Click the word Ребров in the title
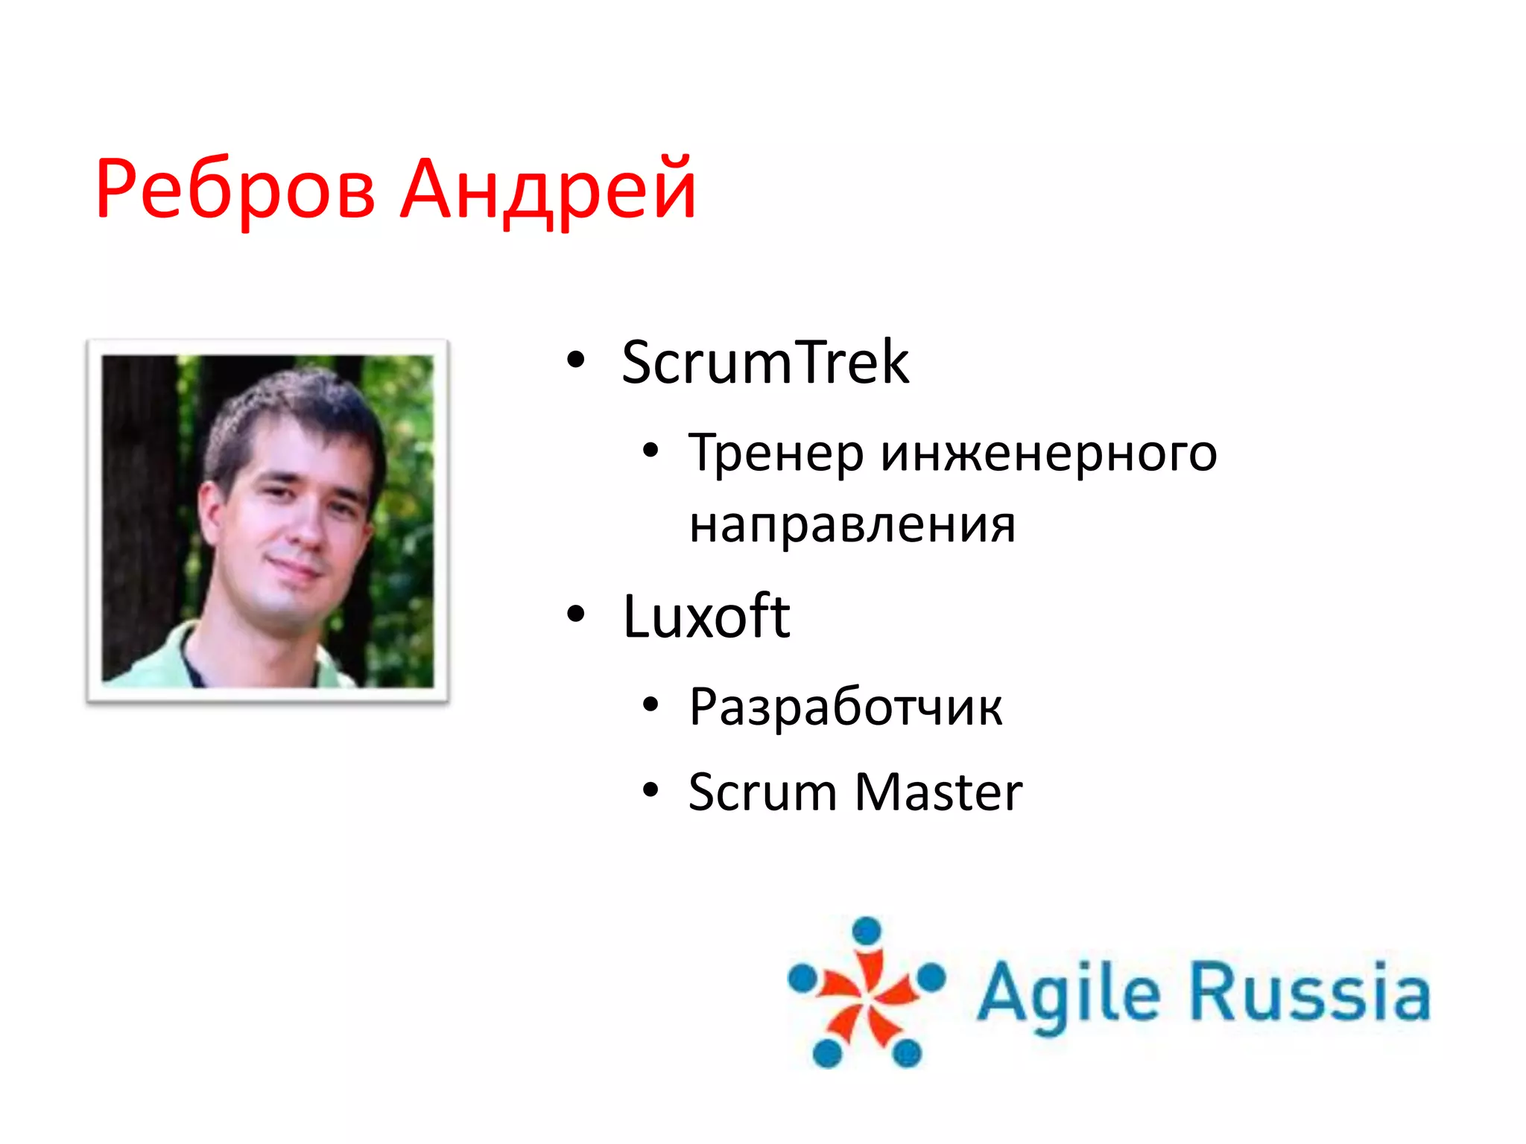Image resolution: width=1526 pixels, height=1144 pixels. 235,190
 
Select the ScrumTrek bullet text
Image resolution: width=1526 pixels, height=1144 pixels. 764,363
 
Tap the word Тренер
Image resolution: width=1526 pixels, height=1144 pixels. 775,453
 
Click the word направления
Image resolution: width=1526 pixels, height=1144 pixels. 852,525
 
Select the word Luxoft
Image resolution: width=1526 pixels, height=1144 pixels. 706,617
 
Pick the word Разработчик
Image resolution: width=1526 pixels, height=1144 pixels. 845,707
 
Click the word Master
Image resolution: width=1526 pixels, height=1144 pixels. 938,792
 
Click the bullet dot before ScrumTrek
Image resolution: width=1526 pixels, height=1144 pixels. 575,360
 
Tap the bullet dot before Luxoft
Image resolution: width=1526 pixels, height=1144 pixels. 575,614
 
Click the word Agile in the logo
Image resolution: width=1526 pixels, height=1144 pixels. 1068,993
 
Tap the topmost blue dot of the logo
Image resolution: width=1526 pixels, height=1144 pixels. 867,930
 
